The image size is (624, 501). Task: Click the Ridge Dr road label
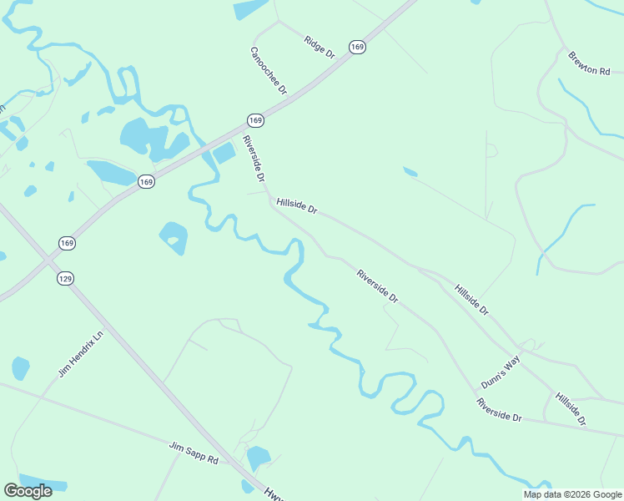click(320, 47)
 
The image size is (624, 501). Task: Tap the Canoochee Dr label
click(269, 69)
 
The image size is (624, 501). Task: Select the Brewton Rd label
click(589, 63)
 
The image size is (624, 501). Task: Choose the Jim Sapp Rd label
click(193, 453)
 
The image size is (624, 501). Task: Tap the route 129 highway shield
click(65, 278)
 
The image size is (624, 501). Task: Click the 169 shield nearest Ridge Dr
click(357, 47)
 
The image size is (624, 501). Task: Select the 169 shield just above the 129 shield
click(68, 242)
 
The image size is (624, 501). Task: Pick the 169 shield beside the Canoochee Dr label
click(255, 120)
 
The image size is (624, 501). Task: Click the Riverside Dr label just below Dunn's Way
click(499, 410)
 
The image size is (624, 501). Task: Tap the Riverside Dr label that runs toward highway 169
click(254, 159)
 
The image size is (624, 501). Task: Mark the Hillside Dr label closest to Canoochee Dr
click(297, 205)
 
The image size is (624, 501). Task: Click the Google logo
click(28, 491)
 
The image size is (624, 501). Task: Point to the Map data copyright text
click(571, 494)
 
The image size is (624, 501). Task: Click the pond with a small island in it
click(173, 238)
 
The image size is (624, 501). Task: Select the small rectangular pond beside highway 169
click(224, 153)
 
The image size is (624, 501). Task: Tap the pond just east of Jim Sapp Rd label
click(258, 458)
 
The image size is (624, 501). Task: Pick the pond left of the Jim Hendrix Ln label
click(20, 367)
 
